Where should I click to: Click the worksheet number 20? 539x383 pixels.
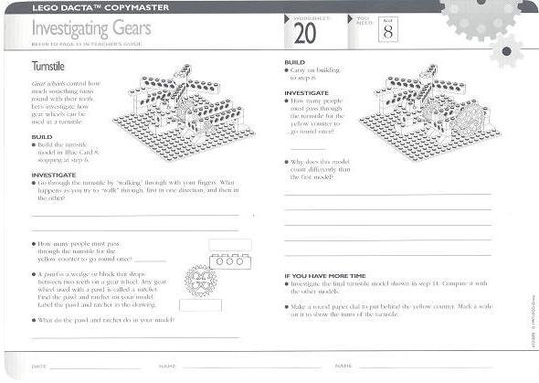click(303, 34)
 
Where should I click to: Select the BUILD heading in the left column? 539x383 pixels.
click(42, 136)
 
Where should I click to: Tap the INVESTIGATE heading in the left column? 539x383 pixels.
click(53, 174)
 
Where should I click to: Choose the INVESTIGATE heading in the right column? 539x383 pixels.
click(306, 92)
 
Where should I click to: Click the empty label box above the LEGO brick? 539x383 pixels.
click(229, 244)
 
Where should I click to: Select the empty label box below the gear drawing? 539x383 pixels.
click(200, 304)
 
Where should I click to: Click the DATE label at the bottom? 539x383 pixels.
click(39, 366)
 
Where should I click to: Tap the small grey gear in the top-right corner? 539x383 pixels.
click(505, 50)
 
